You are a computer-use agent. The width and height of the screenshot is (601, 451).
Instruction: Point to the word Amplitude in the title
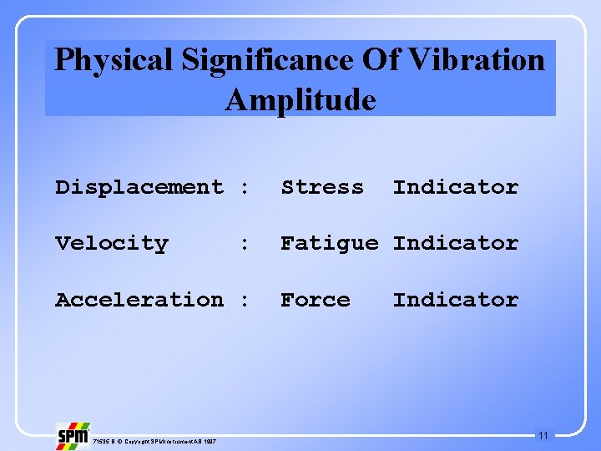(x=300, y=100)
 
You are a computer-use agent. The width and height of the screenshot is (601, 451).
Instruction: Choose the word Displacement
(x=139, y=188)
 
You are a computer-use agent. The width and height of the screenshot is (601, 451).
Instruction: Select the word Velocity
(x=112, y=244)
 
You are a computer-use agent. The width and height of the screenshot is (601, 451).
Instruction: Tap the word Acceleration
(x=139, y=299)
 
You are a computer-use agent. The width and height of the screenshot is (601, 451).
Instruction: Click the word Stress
(x=322, y=188)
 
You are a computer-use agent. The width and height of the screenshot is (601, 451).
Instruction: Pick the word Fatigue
(x=329, y=244)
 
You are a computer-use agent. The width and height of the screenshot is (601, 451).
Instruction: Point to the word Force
(x=316, y=299)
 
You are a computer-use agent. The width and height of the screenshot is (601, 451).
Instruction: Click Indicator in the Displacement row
(x=456, y=188)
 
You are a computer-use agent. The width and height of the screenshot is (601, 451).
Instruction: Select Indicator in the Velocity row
(x=456, y=244)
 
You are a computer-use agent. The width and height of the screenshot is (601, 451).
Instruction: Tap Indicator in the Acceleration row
(x=456, y=299)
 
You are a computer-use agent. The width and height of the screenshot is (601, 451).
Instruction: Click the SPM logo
(x=72, y=436)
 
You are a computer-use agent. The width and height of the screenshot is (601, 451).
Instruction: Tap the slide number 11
(x=543, y=435)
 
